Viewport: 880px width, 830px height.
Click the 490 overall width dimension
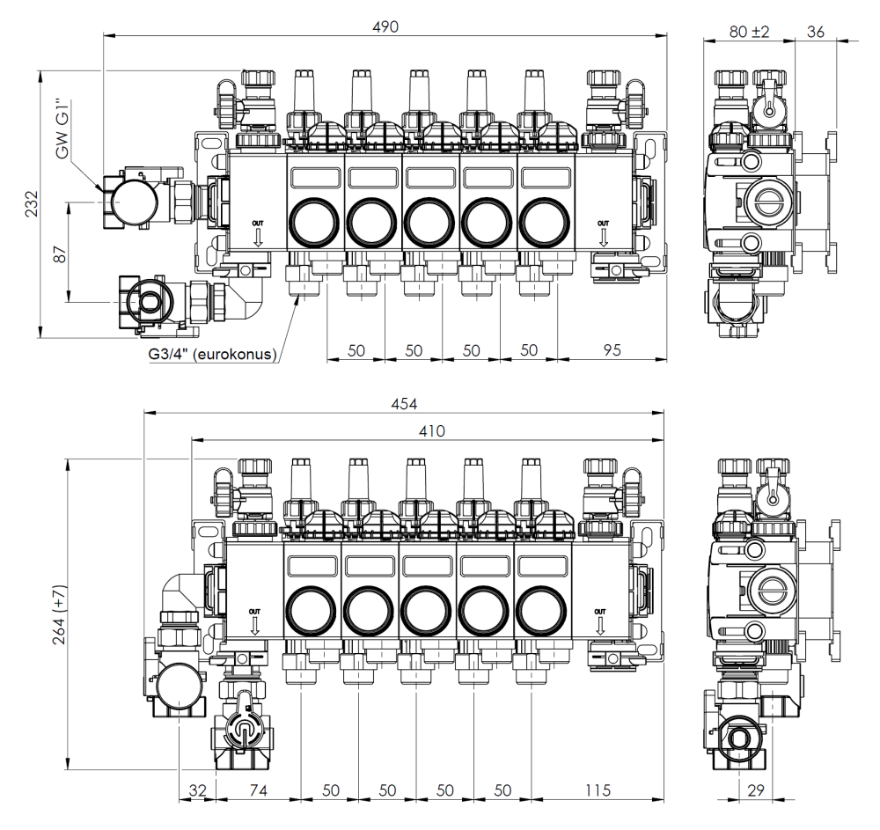[x=385, y=27]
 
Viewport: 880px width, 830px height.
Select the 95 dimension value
[x=612, y=349]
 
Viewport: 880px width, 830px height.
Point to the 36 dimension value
[x=815, y=31]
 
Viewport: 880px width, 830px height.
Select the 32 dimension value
[x=196, y=790]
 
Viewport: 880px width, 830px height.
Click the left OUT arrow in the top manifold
[x=256, y=227]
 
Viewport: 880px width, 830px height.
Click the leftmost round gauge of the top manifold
[x=312, y=222]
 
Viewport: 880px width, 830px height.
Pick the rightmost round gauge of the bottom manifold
[x=538, y=608]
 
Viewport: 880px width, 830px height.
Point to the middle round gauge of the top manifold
[x=428, y=222]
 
